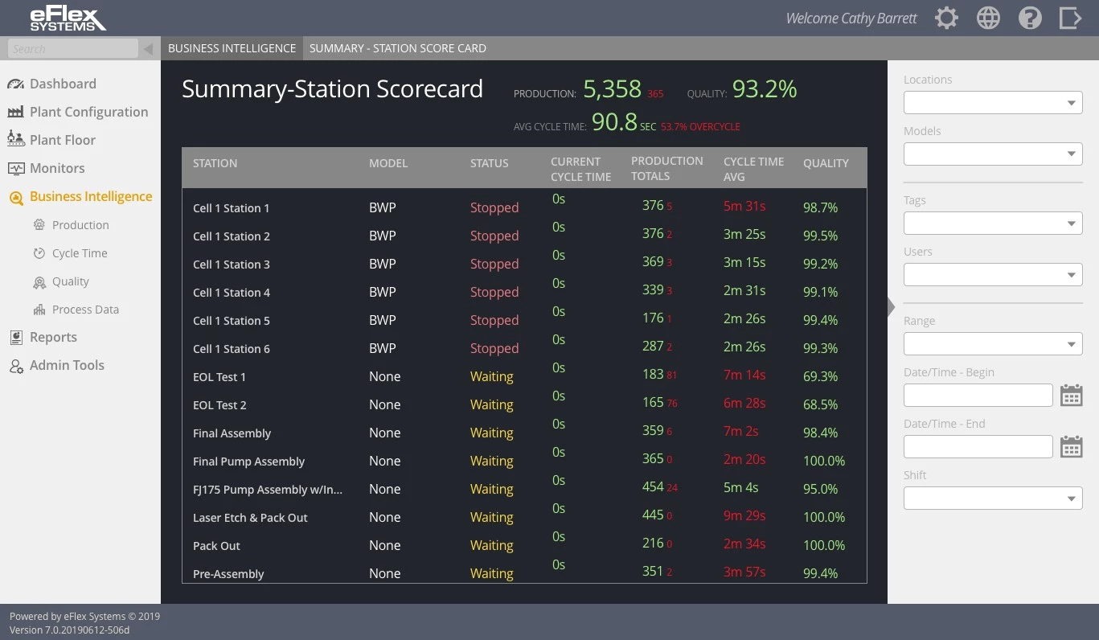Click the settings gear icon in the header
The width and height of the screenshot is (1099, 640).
point(946,18)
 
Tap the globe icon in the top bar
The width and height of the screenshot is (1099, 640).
point(988,18)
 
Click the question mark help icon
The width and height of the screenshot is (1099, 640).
point(1030,18)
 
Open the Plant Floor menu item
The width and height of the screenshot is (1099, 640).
point(62,140)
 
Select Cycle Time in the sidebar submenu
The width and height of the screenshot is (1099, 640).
point(79,253)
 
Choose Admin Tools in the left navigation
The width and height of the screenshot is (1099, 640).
point(67,365)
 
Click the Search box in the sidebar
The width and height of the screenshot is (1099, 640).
point(73,49)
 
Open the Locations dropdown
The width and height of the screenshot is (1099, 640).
point(993,103)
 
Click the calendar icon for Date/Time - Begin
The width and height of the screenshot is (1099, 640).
point(1071,396)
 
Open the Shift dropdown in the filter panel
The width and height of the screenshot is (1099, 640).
point(993,498)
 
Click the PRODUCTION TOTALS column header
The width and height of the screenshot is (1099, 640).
point(666,168)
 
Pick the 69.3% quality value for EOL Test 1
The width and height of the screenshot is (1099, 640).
point(820,376)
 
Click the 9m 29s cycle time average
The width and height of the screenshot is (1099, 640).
point(744,516)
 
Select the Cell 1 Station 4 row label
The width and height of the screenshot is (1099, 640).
point(232,293)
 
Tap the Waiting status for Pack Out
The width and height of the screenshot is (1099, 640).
point(491,545)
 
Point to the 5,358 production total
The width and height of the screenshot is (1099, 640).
point(612,88)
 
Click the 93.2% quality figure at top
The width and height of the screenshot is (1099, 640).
point(764,88)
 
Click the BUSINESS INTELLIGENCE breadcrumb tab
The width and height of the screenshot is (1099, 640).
point(232,48)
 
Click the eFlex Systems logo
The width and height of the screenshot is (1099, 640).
point(68,18)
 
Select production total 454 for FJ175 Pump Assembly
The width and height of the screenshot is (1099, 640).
point(653,487)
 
